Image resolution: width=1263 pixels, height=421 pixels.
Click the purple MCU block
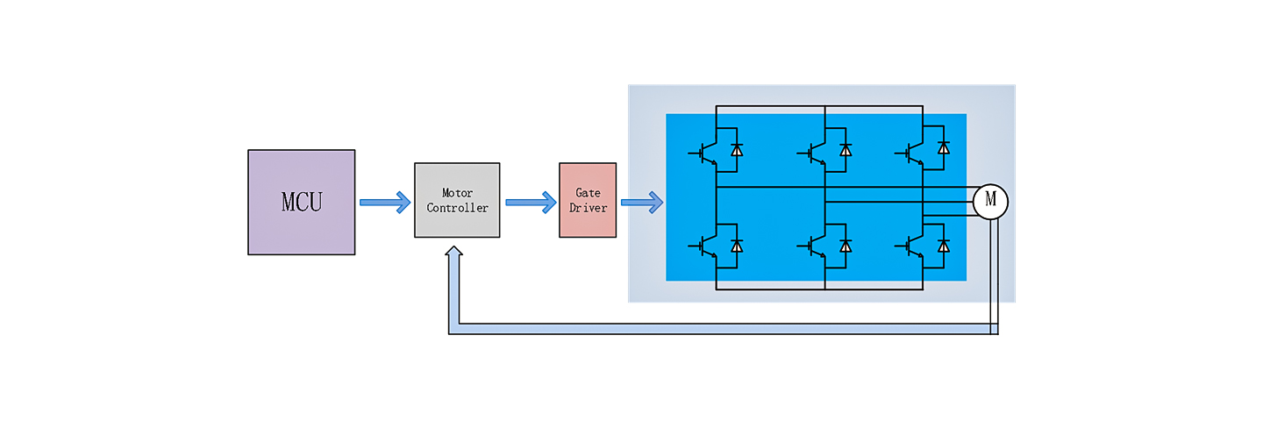(x=301, y=202)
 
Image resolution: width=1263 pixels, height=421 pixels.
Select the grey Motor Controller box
(x=457, y=200)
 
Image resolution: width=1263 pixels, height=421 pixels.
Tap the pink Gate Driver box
(x=588, y=200)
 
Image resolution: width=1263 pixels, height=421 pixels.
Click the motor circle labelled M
(x=990, y=201)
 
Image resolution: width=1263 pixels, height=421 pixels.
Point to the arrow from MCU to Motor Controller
(x=385, y=203)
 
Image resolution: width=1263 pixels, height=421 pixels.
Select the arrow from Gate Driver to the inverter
(x=642, y=203)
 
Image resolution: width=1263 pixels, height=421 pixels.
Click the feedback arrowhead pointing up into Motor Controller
(x=453, y=254)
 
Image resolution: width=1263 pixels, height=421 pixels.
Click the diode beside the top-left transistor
(x=737, y=150)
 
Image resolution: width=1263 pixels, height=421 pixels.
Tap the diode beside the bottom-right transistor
(x=944, y=246)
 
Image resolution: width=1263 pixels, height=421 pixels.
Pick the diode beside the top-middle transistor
(x=846, y=150)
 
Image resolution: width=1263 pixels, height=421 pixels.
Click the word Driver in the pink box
(x=588, y=208)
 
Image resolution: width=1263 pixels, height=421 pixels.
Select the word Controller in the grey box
(x=457, y=208)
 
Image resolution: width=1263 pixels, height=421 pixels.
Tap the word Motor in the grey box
(x=457, y=193)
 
